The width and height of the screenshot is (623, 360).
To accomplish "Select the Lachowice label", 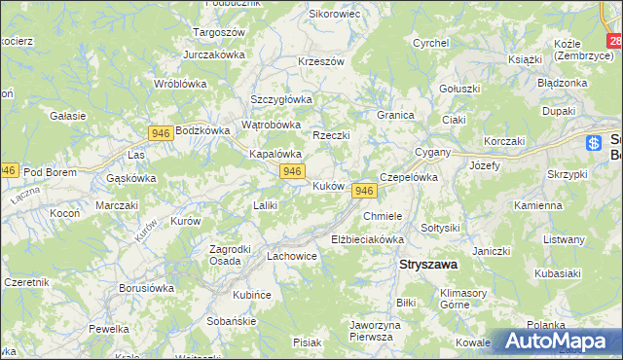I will [292, 257].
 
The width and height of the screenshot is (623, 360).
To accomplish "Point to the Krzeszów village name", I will [321, 61].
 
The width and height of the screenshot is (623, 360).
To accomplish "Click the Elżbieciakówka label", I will [367, 238].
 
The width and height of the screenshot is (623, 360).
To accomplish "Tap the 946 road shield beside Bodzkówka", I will [162, 131].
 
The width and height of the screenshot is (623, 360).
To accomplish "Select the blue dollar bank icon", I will [594, 143].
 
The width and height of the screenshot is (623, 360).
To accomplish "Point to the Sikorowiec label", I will [334, 15].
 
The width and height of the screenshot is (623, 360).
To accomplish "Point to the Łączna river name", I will [22, 195].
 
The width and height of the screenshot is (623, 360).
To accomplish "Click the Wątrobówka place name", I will [271, 125].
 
